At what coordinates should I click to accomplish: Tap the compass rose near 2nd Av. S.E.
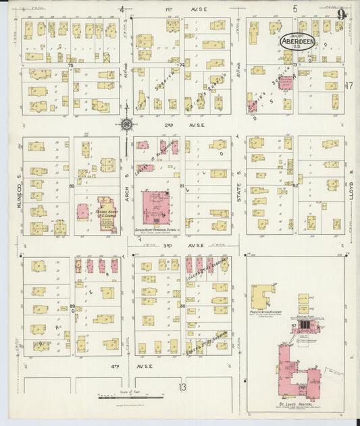[x=126, y=123]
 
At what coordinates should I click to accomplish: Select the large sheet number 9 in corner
[x=342, y=13]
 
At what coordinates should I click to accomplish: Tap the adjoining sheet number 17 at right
[x=349, y=86]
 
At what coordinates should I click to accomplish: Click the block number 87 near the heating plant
[x=294, y=325]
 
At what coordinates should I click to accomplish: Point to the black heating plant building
[x=305, y=325]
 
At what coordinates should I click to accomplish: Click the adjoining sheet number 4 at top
[x=122, y=9]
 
